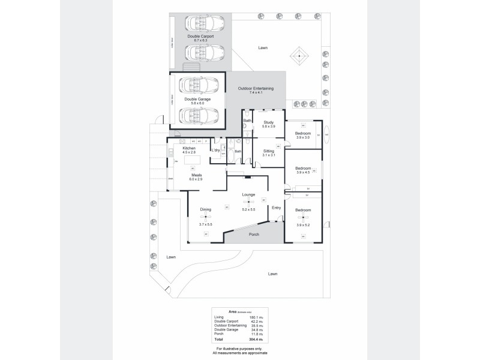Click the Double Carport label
[197, 36]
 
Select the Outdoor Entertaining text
[256, 89]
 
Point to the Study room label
[268, 122]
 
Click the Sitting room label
[268, 151]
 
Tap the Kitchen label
[181, 148]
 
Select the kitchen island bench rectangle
[191, 161]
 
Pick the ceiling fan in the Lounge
[248, 203]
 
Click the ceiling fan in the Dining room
[206, 217]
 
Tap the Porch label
[254, 234]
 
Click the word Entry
[277, 208]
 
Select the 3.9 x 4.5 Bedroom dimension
[303, 173]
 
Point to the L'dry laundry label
[215, 150]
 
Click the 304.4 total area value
[257, 338]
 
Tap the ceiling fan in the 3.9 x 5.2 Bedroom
[303, 217]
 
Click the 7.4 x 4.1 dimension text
[256, 94]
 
